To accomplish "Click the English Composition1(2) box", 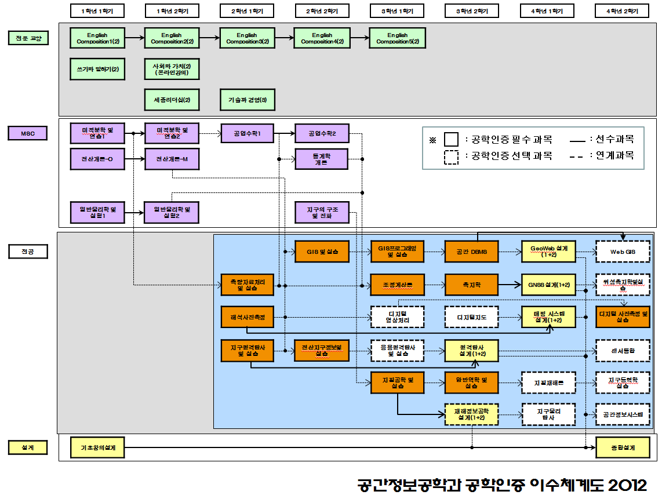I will point(97,38).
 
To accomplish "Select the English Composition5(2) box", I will point(397,38).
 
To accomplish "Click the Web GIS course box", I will point(623,252).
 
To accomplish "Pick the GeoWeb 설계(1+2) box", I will point(548,252).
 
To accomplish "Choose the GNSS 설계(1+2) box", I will point(548,285).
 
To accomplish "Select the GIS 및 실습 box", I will point(322,252).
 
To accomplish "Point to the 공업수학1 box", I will point(247,133).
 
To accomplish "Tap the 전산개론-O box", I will point(97,159).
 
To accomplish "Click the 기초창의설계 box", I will point(97,447).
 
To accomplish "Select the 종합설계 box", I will point(623,447).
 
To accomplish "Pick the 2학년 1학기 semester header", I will point(248,11).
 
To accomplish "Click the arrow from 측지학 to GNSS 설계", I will point(510,285).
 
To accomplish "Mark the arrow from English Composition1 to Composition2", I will point(134,38).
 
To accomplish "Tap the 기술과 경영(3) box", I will point(247,100).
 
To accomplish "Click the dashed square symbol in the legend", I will point(452,156).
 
